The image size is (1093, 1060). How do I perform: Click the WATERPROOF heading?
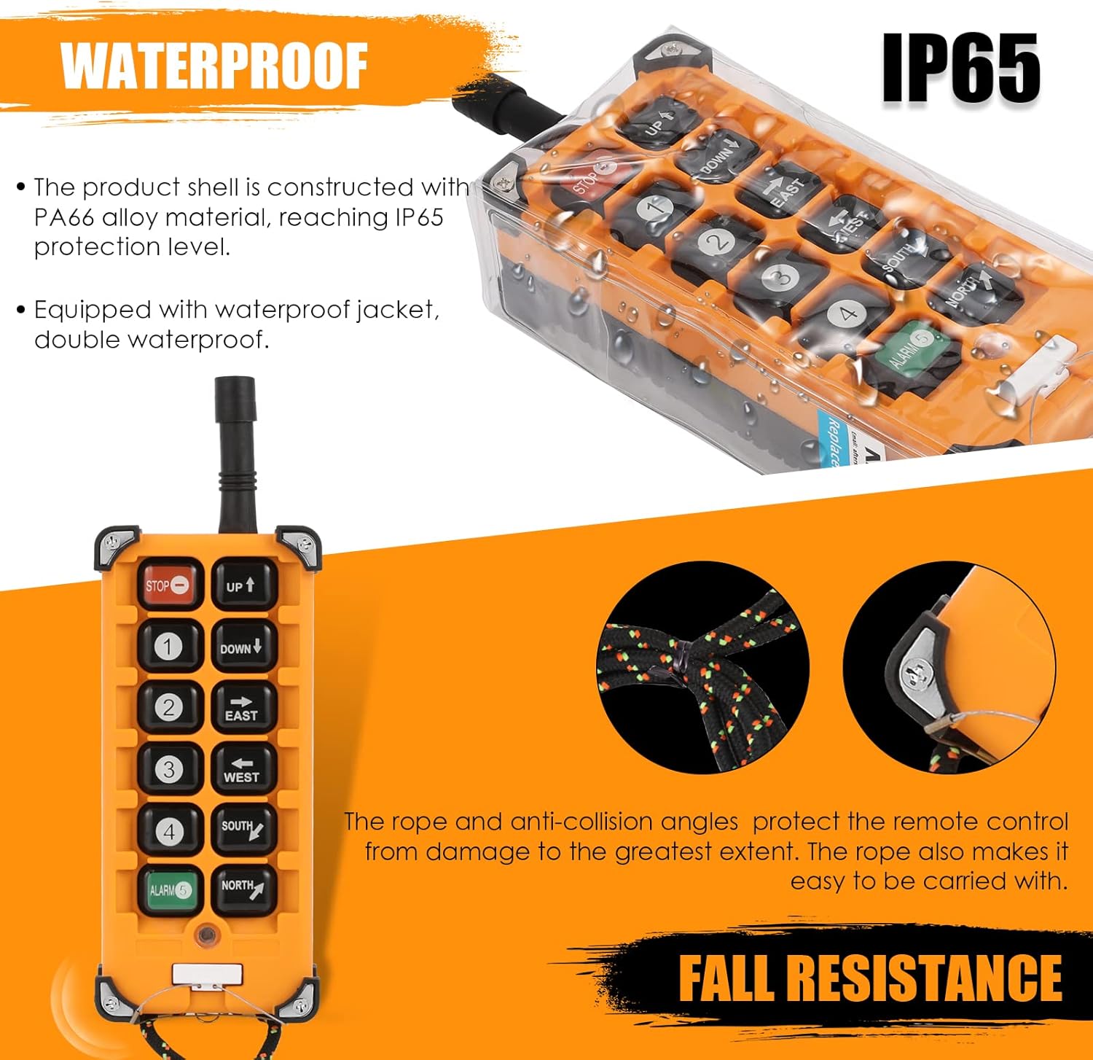[x=213, y=66]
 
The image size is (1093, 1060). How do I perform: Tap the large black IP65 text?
[x=960, y=69]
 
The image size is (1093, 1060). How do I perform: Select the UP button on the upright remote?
[x=243, y=584]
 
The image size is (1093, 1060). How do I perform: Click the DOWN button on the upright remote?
[x=243, y=647]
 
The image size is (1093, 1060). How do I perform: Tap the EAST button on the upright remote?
[x=243, y=708]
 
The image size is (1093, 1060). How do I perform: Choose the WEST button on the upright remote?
[x=243, y=770]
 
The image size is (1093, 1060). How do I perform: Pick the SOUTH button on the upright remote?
[x=243, y=830]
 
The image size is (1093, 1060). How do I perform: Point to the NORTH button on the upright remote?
[x=243, y=889]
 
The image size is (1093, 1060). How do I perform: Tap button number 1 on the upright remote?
[x=169, y=647]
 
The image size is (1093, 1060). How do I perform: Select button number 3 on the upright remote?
[x=169, y=770]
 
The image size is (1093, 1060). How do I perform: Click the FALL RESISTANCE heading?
[x=870, y=978]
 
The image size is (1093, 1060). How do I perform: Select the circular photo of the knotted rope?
[x=702, y=667]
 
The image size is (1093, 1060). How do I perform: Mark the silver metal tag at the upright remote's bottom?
[x=208, y=974]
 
